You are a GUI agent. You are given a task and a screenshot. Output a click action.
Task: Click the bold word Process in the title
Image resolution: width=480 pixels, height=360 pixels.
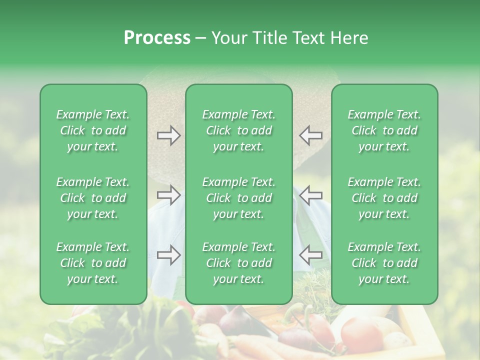(157, 37)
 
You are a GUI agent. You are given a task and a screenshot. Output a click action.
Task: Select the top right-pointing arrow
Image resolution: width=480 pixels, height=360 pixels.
(169, 135)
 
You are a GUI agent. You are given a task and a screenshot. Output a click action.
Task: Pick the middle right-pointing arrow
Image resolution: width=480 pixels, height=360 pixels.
(169, 195)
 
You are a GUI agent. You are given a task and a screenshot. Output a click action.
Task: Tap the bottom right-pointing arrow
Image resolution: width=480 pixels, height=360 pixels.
(169, 255)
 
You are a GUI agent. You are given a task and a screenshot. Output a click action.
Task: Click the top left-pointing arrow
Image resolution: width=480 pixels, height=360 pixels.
(310, 135)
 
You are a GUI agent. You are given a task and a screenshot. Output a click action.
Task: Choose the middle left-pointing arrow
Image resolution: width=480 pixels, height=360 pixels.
(310, 195)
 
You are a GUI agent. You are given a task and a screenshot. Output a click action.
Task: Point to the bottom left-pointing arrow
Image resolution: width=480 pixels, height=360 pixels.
(310, 255)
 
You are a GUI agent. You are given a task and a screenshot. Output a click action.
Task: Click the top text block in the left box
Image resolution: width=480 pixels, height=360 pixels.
(93, 130)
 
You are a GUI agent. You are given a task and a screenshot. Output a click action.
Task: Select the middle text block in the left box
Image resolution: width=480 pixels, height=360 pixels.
(93, 198)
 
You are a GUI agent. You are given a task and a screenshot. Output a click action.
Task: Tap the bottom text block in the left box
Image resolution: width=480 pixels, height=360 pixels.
(93, 263)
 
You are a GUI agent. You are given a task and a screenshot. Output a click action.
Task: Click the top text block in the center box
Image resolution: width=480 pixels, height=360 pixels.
(238, 130)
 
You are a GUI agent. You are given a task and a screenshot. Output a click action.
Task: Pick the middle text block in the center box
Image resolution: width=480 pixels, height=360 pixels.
(238, 198)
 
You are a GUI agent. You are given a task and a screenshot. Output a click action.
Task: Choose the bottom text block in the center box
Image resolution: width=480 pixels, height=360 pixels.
(238, 263)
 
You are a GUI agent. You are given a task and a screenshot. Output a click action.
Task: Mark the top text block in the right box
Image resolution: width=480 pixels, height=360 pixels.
(384, 130)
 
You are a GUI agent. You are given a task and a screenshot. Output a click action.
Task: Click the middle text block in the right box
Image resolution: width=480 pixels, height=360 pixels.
(384, 198)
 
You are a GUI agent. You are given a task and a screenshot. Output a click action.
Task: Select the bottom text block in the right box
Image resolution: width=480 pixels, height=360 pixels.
(384, 263)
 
